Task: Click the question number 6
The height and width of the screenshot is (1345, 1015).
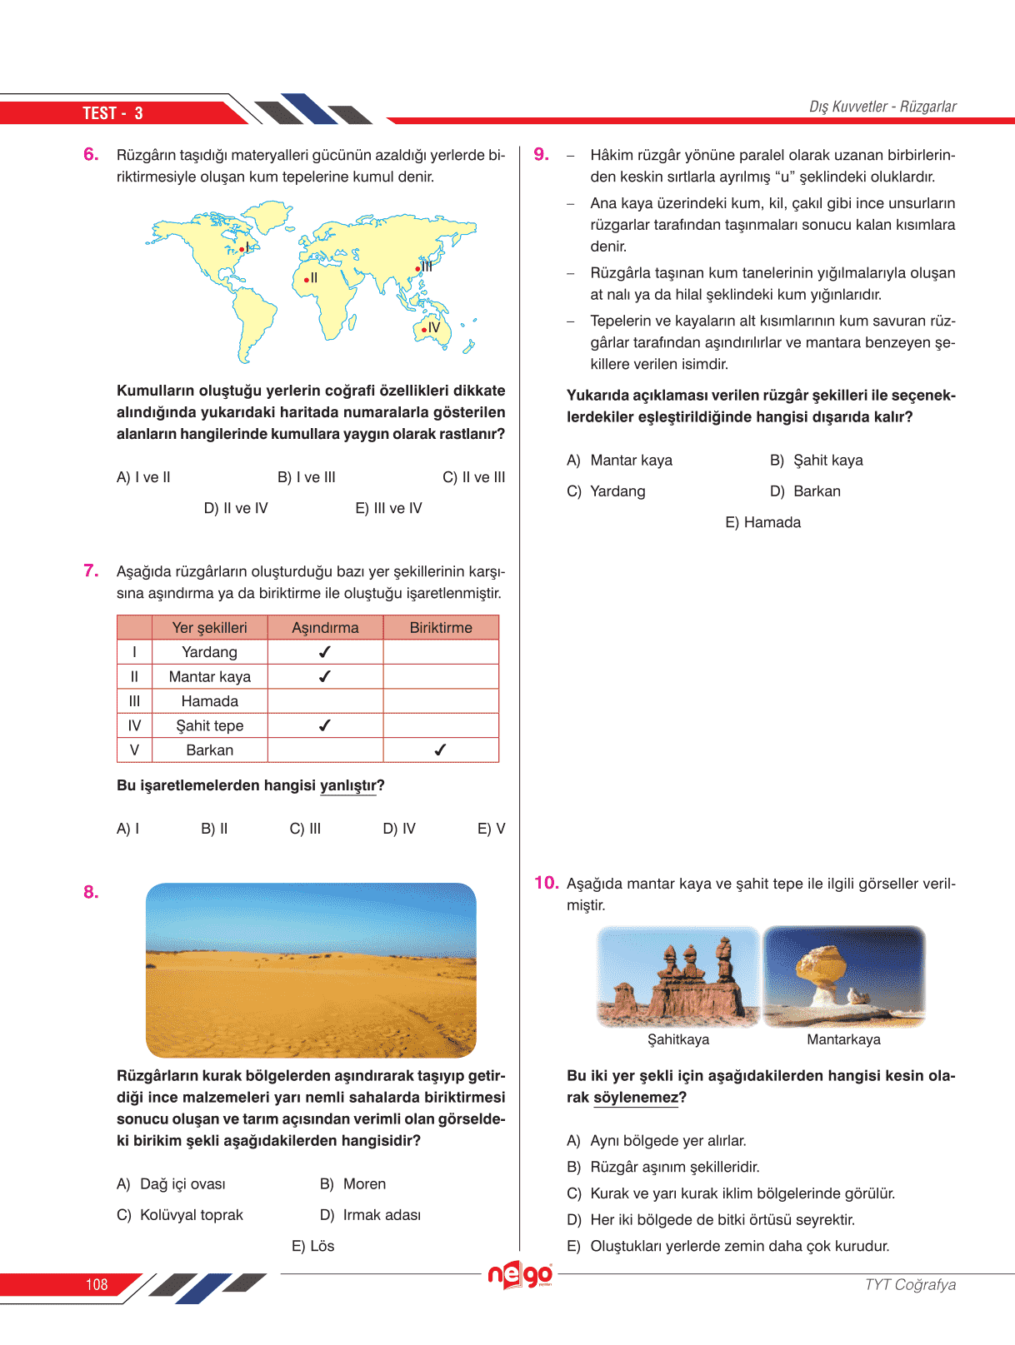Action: point(91,154)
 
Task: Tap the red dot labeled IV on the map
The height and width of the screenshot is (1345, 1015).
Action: point(423,330)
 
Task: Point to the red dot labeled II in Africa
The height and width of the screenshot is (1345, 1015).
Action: point(306,280)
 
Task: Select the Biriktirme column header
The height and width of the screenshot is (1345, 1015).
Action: point(440,628)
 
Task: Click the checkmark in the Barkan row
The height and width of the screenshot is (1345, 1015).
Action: point(440,750)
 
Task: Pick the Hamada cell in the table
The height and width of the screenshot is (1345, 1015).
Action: point(209,701)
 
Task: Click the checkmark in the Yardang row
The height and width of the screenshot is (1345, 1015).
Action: point(325,652)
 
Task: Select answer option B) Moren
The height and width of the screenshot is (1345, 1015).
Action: point(352,1183)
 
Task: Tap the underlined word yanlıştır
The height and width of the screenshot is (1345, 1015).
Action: point(348,785)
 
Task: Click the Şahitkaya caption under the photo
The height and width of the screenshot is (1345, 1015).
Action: point(678,1039)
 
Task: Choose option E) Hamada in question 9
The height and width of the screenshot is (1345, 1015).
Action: point(762,522)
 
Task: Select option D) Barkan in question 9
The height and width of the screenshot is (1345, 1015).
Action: point(805,491)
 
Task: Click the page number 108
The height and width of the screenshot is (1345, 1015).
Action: point(97,1284)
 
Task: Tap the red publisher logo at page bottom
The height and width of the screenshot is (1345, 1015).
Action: point(520,1274)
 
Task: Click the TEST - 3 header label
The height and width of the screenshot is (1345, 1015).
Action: point(112,113)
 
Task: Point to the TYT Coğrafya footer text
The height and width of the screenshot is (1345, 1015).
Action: point(910,1284)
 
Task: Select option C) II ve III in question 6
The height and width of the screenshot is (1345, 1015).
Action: point(473,477)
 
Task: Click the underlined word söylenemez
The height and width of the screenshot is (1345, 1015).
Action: point(636,1098)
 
